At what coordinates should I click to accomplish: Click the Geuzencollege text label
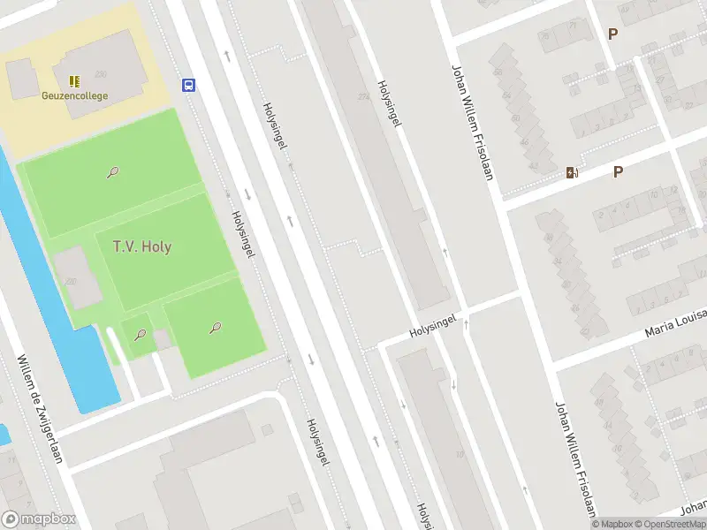(x=74, y=95)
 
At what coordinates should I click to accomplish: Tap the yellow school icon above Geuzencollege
(x=74, y=81)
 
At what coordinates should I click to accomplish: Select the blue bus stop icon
(x=188, y=85)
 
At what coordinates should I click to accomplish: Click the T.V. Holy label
(x=142, y=246)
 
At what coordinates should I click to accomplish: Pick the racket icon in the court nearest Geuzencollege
(x=113, y=172)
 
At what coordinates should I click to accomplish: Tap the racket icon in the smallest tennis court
(x=140, y=334)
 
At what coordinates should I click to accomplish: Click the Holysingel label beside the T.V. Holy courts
(x=243, y=234)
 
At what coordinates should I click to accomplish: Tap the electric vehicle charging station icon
(x=572, y=173)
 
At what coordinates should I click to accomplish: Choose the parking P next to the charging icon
(x=618, y=172)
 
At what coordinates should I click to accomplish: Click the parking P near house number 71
(x=612, y=34)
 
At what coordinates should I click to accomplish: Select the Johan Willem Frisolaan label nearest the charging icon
(x=472, y=122)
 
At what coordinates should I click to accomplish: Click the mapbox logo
(x=39, y=519)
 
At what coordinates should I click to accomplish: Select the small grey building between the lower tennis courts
(x=163, y=338)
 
